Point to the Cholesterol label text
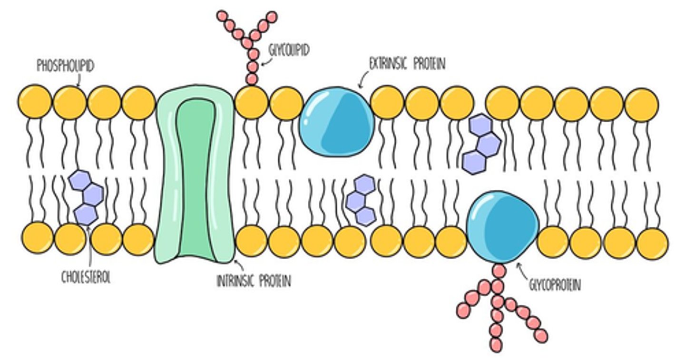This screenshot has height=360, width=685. tap(86, 278)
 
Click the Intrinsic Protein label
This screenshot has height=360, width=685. tap(254, 282)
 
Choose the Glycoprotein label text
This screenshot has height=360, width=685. tap(555, 285)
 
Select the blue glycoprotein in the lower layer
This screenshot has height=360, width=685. tap(502, 227)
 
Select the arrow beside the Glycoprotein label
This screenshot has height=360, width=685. tap(522, 272)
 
